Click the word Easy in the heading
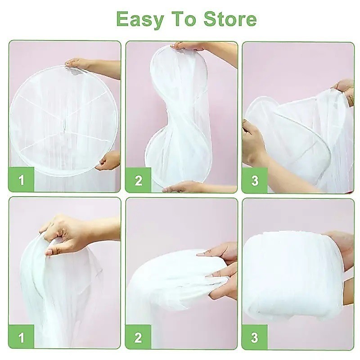[x=140, y=19]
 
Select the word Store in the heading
[x=230, y=18]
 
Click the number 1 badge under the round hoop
[x=21, y=179]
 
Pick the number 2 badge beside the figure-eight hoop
[x=138, y=180]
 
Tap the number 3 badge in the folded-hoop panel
[x=255, y=180]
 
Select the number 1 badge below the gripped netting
[x=21, y=337]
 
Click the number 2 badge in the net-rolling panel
[x=138, y=337]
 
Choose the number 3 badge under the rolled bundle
[x=255, y=337]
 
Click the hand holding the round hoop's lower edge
[x=108, y=161]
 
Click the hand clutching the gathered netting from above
[x=67, y=234]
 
